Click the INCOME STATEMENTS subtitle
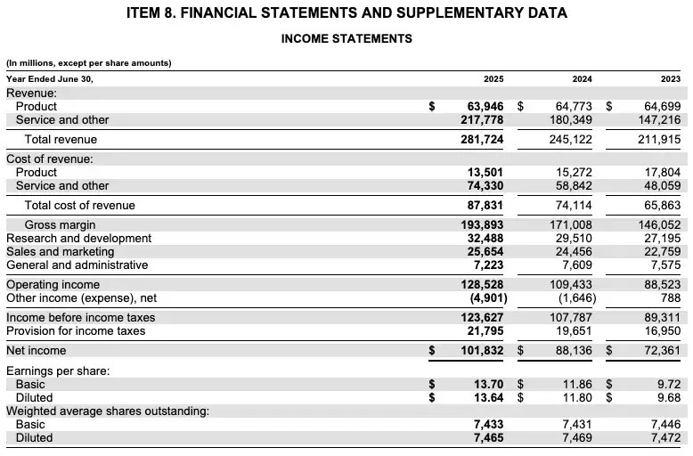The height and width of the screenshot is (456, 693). [x=346, y=39]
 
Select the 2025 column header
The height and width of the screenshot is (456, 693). [x=493, y=78]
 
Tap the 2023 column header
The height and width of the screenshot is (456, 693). [x=669, y=78]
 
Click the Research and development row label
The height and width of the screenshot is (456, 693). [x=78, y=239]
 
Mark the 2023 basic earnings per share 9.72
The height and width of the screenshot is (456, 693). [x=669, y=385]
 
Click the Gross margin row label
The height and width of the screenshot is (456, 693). [x=60, y=225]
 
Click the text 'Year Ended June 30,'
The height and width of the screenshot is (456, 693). [x=49, y=78]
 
